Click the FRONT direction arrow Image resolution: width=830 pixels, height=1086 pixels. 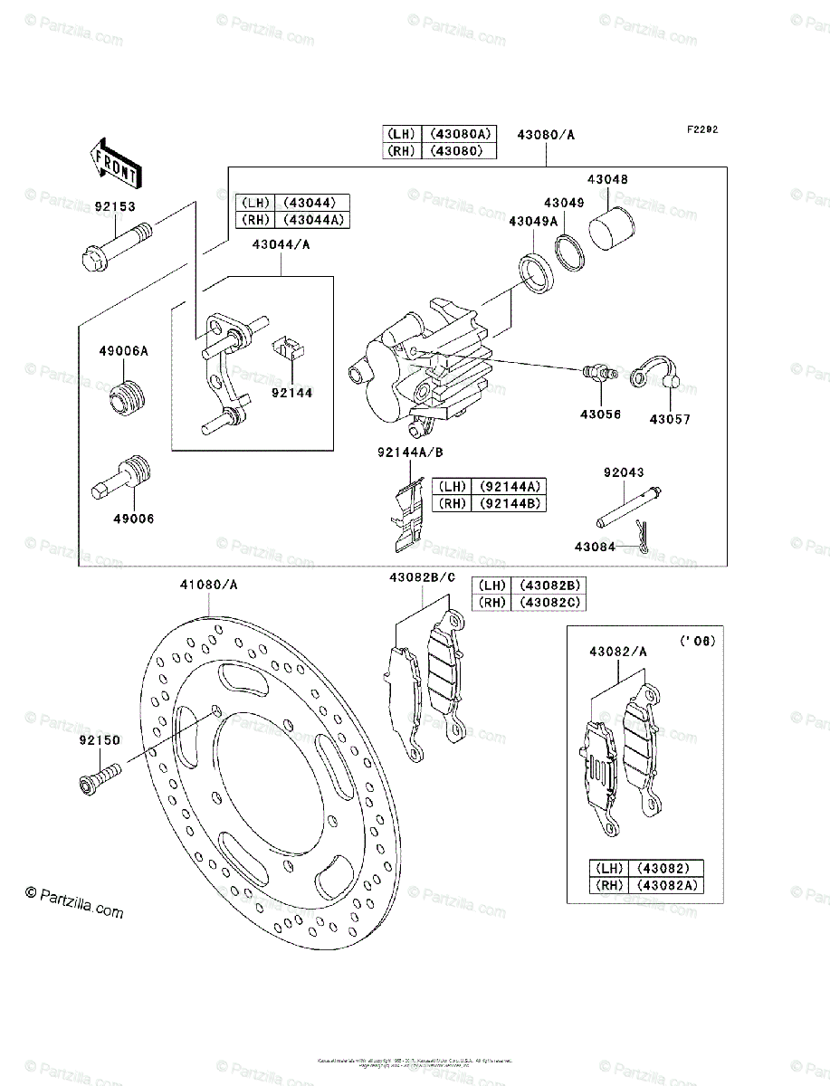(114, 161)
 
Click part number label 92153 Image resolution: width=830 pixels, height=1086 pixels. (114, 206)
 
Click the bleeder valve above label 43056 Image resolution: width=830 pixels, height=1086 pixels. (596, 373)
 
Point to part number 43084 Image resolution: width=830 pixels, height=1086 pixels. (595, 546)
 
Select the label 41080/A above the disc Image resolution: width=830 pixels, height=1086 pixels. (209, 585)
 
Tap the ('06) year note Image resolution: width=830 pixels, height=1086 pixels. (696, 641)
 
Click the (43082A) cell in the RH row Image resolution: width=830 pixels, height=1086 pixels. (669, 885)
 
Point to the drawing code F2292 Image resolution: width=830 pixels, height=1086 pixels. (701, 129)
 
